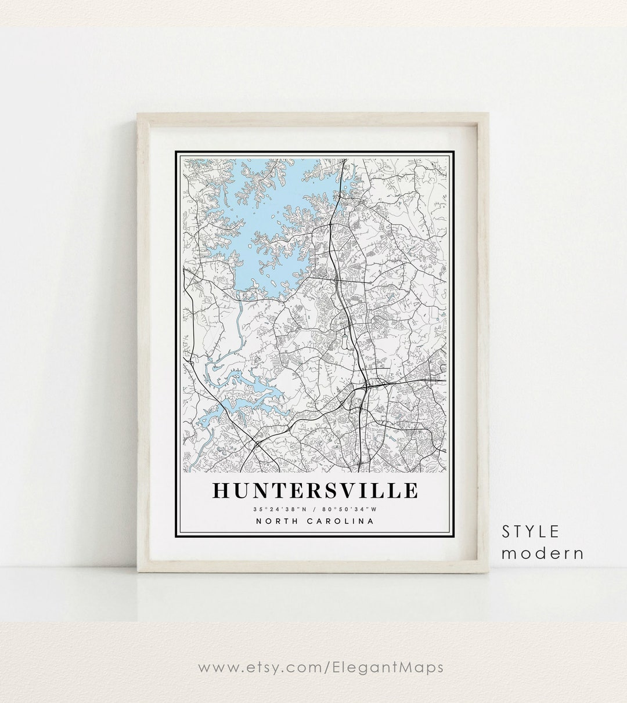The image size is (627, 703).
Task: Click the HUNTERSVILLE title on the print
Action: tap(314, 490)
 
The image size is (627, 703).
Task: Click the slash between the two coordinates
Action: tap(315, 509)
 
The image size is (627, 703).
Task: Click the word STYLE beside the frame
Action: tap(531, 531)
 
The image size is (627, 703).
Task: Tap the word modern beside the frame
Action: tap(542, 553)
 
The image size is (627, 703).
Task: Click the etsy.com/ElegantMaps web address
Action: tap(320, 667)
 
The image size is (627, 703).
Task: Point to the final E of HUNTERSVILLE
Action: tap(410, 490)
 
